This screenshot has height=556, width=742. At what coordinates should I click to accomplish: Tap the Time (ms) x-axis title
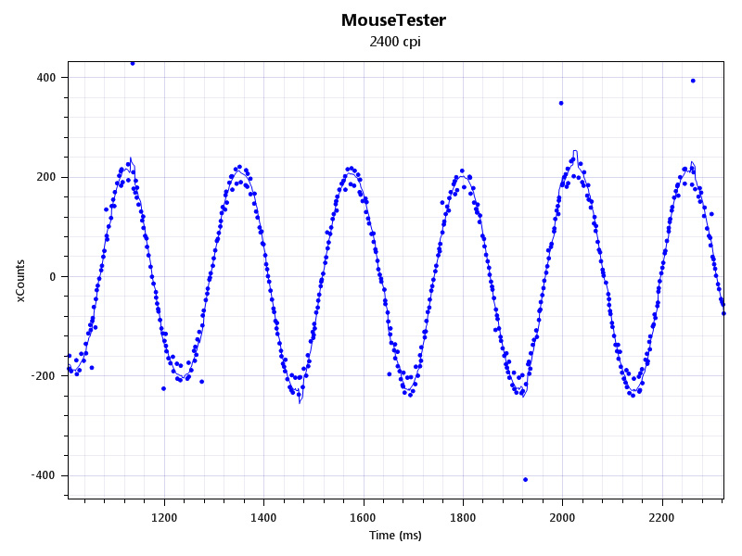[395, 536]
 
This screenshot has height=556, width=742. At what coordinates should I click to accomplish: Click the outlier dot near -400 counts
[525, 479]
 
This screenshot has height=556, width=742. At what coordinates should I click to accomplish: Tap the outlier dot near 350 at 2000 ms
[561, 103]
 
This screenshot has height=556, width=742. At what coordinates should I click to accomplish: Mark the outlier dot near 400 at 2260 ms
[693, 81]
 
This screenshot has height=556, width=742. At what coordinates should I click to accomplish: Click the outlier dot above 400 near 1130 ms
[133, 63]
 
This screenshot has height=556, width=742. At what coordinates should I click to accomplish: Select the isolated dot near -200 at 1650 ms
[389, 374]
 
